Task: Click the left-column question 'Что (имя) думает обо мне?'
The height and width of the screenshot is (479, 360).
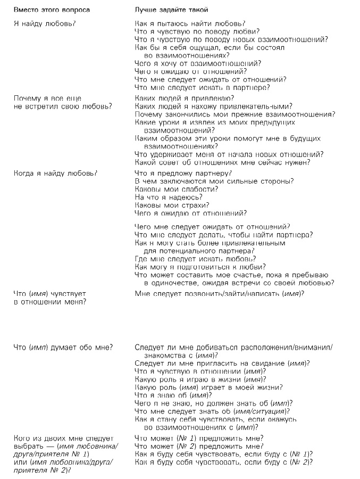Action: point(63,348)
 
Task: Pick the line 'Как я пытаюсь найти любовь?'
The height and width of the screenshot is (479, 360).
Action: point(190,24)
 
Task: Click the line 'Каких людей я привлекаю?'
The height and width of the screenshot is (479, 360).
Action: point(185,98)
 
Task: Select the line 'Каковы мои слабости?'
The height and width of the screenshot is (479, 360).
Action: point(174,189)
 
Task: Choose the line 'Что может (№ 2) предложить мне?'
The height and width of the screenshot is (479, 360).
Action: point(199,447)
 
